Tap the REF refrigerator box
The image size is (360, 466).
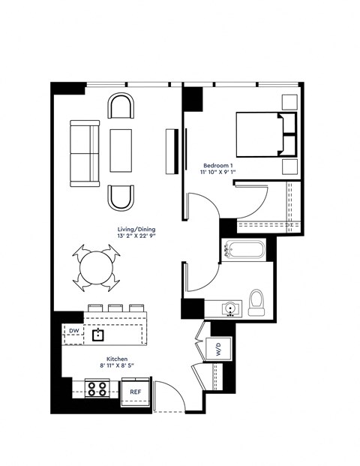[x=136, y=391]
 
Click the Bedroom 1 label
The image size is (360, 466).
[x=219, y=164]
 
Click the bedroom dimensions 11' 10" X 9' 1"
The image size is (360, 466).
[x=219, y=173]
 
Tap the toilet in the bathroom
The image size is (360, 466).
[x=256, y=302]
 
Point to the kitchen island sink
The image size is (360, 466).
[x=98, y=335]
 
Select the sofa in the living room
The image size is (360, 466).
[x=84, y=152]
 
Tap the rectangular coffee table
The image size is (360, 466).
[x=121, y=151]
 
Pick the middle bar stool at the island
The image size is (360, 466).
[x=115, y=308]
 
